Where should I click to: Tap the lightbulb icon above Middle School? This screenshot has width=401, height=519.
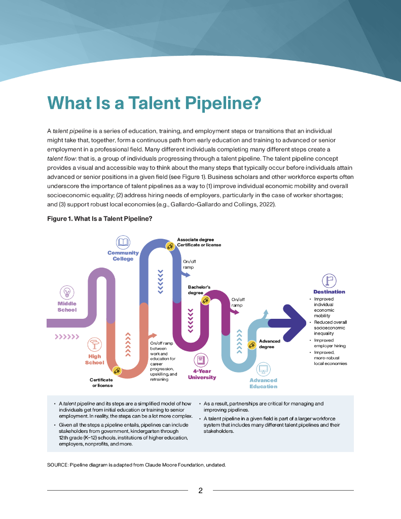coord(67,292)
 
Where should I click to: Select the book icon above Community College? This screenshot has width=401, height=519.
coord(123,242)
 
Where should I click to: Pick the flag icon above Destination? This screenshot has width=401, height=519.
coord(329,280)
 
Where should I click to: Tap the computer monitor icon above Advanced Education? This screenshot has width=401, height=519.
coord(263,369)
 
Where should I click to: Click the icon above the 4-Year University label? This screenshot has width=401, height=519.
coord(201,360)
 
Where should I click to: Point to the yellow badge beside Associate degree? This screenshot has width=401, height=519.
coord(171,247)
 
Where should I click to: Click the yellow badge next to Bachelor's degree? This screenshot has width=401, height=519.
coord(205,300)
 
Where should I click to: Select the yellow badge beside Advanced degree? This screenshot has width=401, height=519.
coord(251,345)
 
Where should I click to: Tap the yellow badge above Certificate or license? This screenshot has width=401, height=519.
coord(117,371)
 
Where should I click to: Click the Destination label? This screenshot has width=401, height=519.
coord(329,291)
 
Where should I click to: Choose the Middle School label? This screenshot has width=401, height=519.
coord(67,307)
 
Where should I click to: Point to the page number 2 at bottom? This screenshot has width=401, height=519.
coord(201,491)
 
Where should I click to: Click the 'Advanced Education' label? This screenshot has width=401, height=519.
coord(263,383)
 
